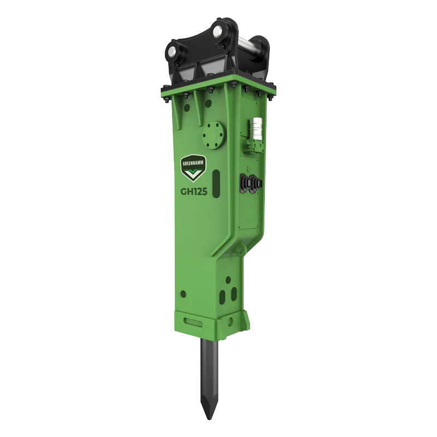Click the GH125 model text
click(194, 192)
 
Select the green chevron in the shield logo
click(193, 173)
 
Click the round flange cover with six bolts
click(214, 135)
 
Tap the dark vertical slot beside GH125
click(216, 184)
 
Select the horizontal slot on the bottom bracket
click(193, 322)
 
